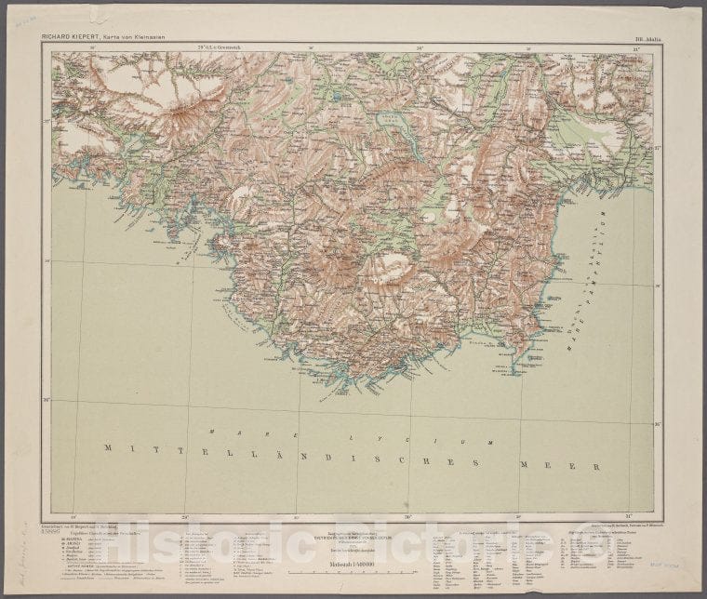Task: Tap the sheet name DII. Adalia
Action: tap(645, 38)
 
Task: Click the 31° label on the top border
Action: tap(635, 47)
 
